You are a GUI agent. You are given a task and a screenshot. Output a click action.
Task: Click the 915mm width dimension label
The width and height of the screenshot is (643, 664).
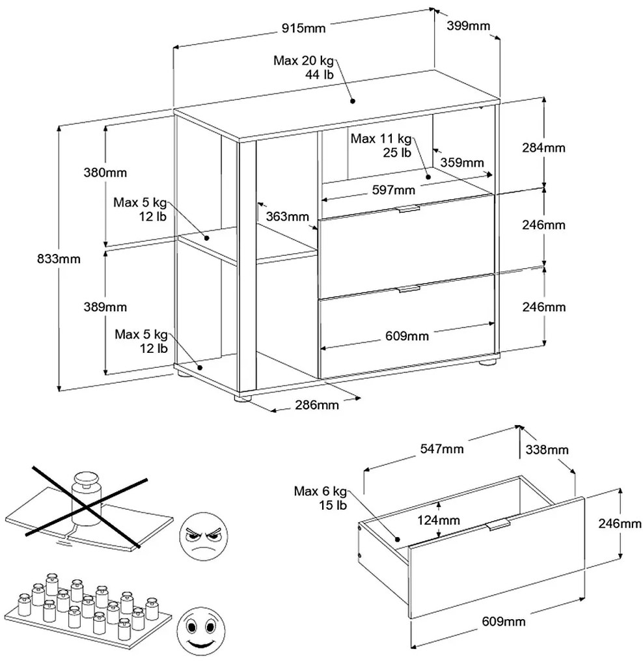click(x=303, y=28)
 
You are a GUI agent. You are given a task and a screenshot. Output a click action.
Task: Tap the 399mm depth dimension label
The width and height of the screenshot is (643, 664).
click(x=468, y=26)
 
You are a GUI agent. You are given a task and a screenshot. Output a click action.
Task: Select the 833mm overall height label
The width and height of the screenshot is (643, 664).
click(x=59, y=258)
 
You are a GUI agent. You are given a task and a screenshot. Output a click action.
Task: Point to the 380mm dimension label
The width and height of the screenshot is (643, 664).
click(x=105, y=173)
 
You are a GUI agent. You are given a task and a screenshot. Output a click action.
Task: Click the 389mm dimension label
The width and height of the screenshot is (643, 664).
click(x=105, y=307)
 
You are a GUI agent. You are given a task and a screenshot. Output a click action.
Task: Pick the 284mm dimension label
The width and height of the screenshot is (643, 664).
click(x=545, y=147)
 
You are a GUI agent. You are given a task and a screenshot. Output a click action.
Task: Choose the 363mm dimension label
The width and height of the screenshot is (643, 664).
click(x=286, y=216)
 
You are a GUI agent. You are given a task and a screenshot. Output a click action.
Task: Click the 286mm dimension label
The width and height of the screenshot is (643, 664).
click(x=318, y=405)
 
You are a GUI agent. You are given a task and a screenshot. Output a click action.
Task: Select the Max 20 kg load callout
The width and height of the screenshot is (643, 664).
click(x=303, y=67)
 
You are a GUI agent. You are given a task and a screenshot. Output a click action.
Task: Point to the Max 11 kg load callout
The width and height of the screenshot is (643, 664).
click(x=381, y=146)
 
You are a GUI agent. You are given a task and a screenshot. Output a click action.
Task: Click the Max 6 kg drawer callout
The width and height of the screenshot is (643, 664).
click(x=321, y=498)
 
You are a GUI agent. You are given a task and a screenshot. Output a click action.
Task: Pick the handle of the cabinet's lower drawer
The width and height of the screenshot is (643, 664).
click(x=407, y=288)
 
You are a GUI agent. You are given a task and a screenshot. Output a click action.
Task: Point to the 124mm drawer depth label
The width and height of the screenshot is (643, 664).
click(x=439, y=520)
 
